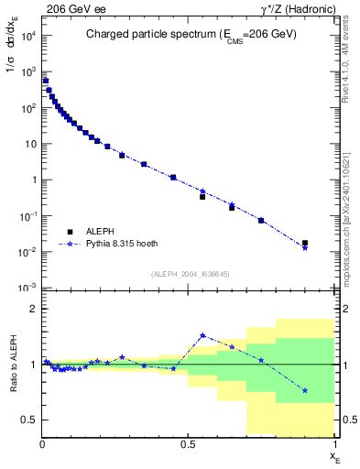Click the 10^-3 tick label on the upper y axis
[29, 288]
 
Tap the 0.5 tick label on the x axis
[188, 443]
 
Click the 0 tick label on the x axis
[42, 443]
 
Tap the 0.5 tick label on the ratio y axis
[31, 420]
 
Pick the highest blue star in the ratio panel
[202, 335]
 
